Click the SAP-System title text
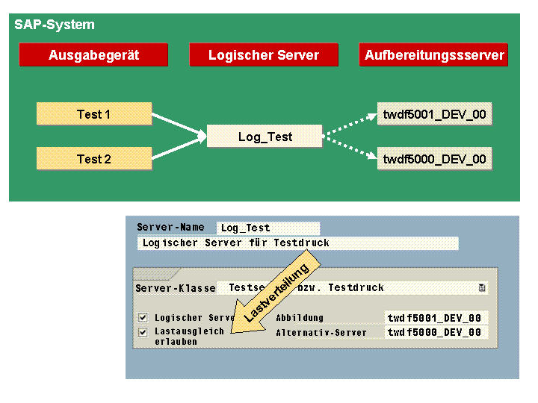(55, 25)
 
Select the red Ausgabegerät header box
(93, 55)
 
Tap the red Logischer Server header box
(264, 55)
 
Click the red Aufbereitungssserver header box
(434, 55)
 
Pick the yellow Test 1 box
(94, 114)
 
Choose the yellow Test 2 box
(94, 159)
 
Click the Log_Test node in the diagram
(265, 137)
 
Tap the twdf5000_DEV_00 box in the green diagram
(434, 159)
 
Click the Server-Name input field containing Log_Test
(268, 228)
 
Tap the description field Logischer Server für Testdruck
(297, 243)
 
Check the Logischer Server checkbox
(143, 317)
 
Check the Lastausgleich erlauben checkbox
(143, 332)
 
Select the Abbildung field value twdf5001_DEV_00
(436, 318)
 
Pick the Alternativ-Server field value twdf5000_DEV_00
(436, 333)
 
